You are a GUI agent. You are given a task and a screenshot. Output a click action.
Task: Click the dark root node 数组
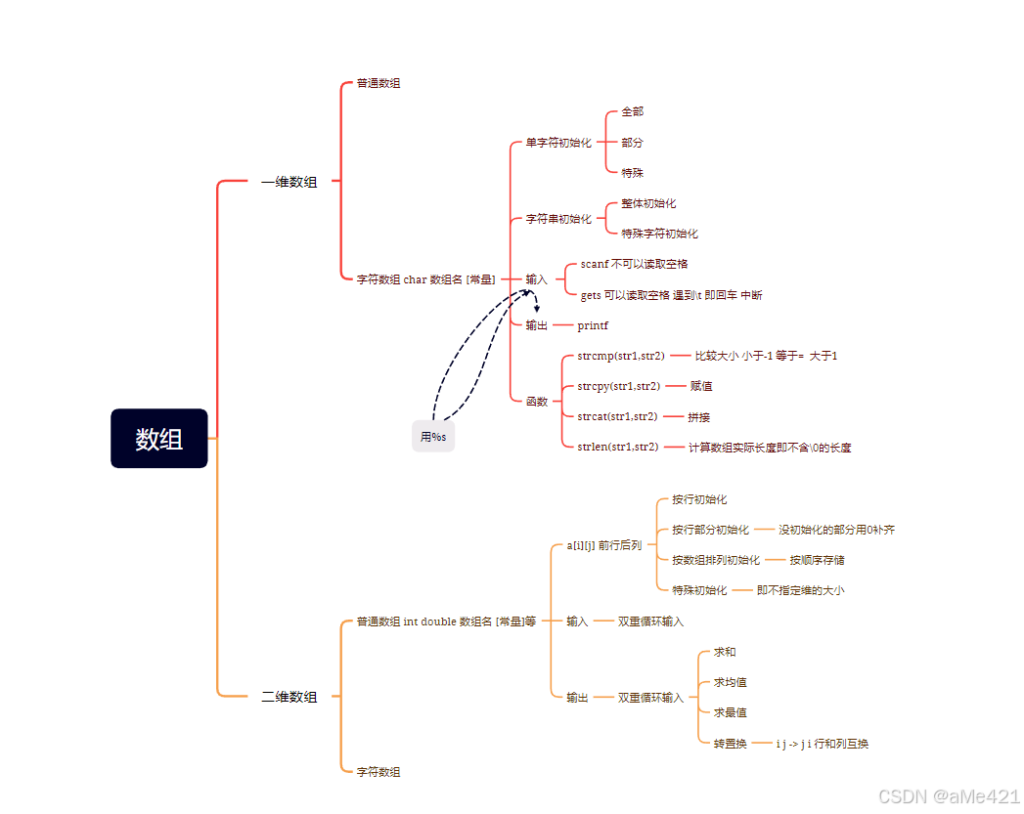(159, 439)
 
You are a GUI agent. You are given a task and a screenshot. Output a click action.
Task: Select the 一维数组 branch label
(289, 182)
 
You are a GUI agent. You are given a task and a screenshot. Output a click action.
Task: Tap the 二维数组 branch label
(289, 697)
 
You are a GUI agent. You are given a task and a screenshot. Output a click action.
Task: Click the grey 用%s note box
(433, 437)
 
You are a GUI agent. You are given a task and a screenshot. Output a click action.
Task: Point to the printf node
(593, 325)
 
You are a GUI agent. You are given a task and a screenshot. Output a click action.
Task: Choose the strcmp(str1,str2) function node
(621, 356)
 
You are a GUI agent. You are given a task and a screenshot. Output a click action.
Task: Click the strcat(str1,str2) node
(617, 416)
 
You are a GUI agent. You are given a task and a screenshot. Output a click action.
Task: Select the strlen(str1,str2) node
(618, 448)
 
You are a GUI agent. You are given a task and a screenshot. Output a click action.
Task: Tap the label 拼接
(698, 417)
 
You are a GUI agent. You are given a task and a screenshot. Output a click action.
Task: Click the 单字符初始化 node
(558, 143)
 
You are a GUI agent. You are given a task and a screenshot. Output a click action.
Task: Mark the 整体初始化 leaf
(648, 203)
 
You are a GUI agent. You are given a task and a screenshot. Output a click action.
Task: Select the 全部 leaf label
(633, 112)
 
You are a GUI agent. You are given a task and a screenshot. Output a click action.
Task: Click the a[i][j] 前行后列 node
(604, 545)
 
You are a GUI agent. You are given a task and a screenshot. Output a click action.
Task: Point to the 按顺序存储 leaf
(818, 560)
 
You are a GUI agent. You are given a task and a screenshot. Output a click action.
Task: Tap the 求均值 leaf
(730, 682)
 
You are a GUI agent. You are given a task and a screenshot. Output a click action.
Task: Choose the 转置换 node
(730, 744)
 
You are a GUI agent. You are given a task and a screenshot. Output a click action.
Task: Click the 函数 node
(537, 402)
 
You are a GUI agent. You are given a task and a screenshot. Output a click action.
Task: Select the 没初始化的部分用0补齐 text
(836, 530)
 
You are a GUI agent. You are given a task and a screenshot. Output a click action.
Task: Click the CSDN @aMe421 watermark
(949, 796)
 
